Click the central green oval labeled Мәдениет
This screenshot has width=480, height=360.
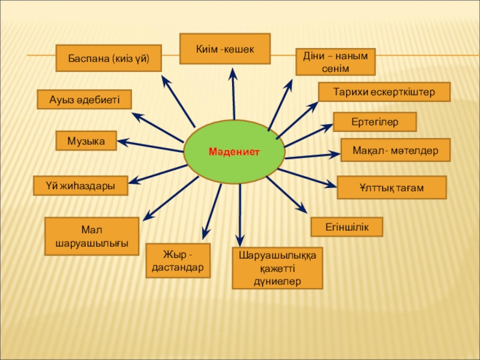(x=234, y=153)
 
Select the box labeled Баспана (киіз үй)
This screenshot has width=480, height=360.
(x=108, y=58)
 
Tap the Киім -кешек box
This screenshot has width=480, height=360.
(x=225, y=48)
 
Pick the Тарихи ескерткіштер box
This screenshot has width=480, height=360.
(x=384, y=92)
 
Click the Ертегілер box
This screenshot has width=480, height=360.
(x=374, y=121)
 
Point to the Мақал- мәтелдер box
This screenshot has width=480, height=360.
(x=396, y=149)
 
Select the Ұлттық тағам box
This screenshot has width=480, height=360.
(x=391, y=188)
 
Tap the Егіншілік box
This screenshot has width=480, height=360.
(x=346, y=226)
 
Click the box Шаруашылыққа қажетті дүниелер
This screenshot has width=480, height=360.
(x=277, y=268)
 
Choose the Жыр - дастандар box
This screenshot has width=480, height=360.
(x=178, y=261)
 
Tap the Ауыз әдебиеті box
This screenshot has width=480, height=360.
(x=84, y=99)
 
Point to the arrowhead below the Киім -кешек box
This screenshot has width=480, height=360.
(x=233, y=74)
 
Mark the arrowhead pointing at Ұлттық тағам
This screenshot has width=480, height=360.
(x=332, y=185)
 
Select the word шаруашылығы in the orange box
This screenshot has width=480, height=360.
(x=92, y=244)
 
